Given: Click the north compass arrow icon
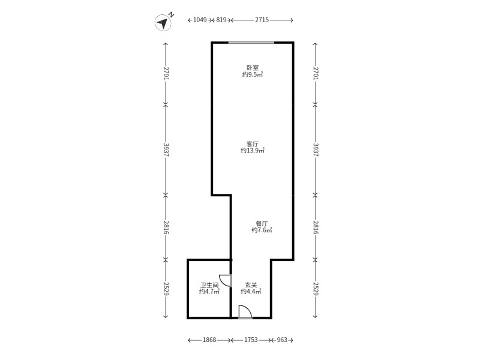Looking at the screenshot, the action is point(163,23).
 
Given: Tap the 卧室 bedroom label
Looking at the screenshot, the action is point(253,68).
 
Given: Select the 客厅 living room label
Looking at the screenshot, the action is point(253,144).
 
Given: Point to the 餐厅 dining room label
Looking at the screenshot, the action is point(262,223).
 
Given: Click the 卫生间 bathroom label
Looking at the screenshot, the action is point(209,284).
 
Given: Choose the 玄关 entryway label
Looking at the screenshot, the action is point(251,284).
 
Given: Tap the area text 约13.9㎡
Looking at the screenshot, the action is point(253,151).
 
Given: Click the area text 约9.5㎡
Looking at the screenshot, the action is point(253,74).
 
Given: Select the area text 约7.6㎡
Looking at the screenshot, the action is point(262,230).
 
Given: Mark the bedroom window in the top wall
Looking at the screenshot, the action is point(251,43).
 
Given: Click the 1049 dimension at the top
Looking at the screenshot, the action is point(200,20).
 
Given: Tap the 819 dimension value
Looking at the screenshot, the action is point(221,20).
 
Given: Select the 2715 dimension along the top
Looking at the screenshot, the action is point(262,20).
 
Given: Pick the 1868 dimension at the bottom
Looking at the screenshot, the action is point(209,340).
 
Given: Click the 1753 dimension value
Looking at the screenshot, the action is point(251,340).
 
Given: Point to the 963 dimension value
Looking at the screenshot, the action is point(282,340).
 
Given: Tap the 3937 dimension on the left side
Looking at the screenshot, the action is point(166,150).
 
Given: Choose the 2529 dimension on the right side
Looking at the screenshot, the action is point(316,289).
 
